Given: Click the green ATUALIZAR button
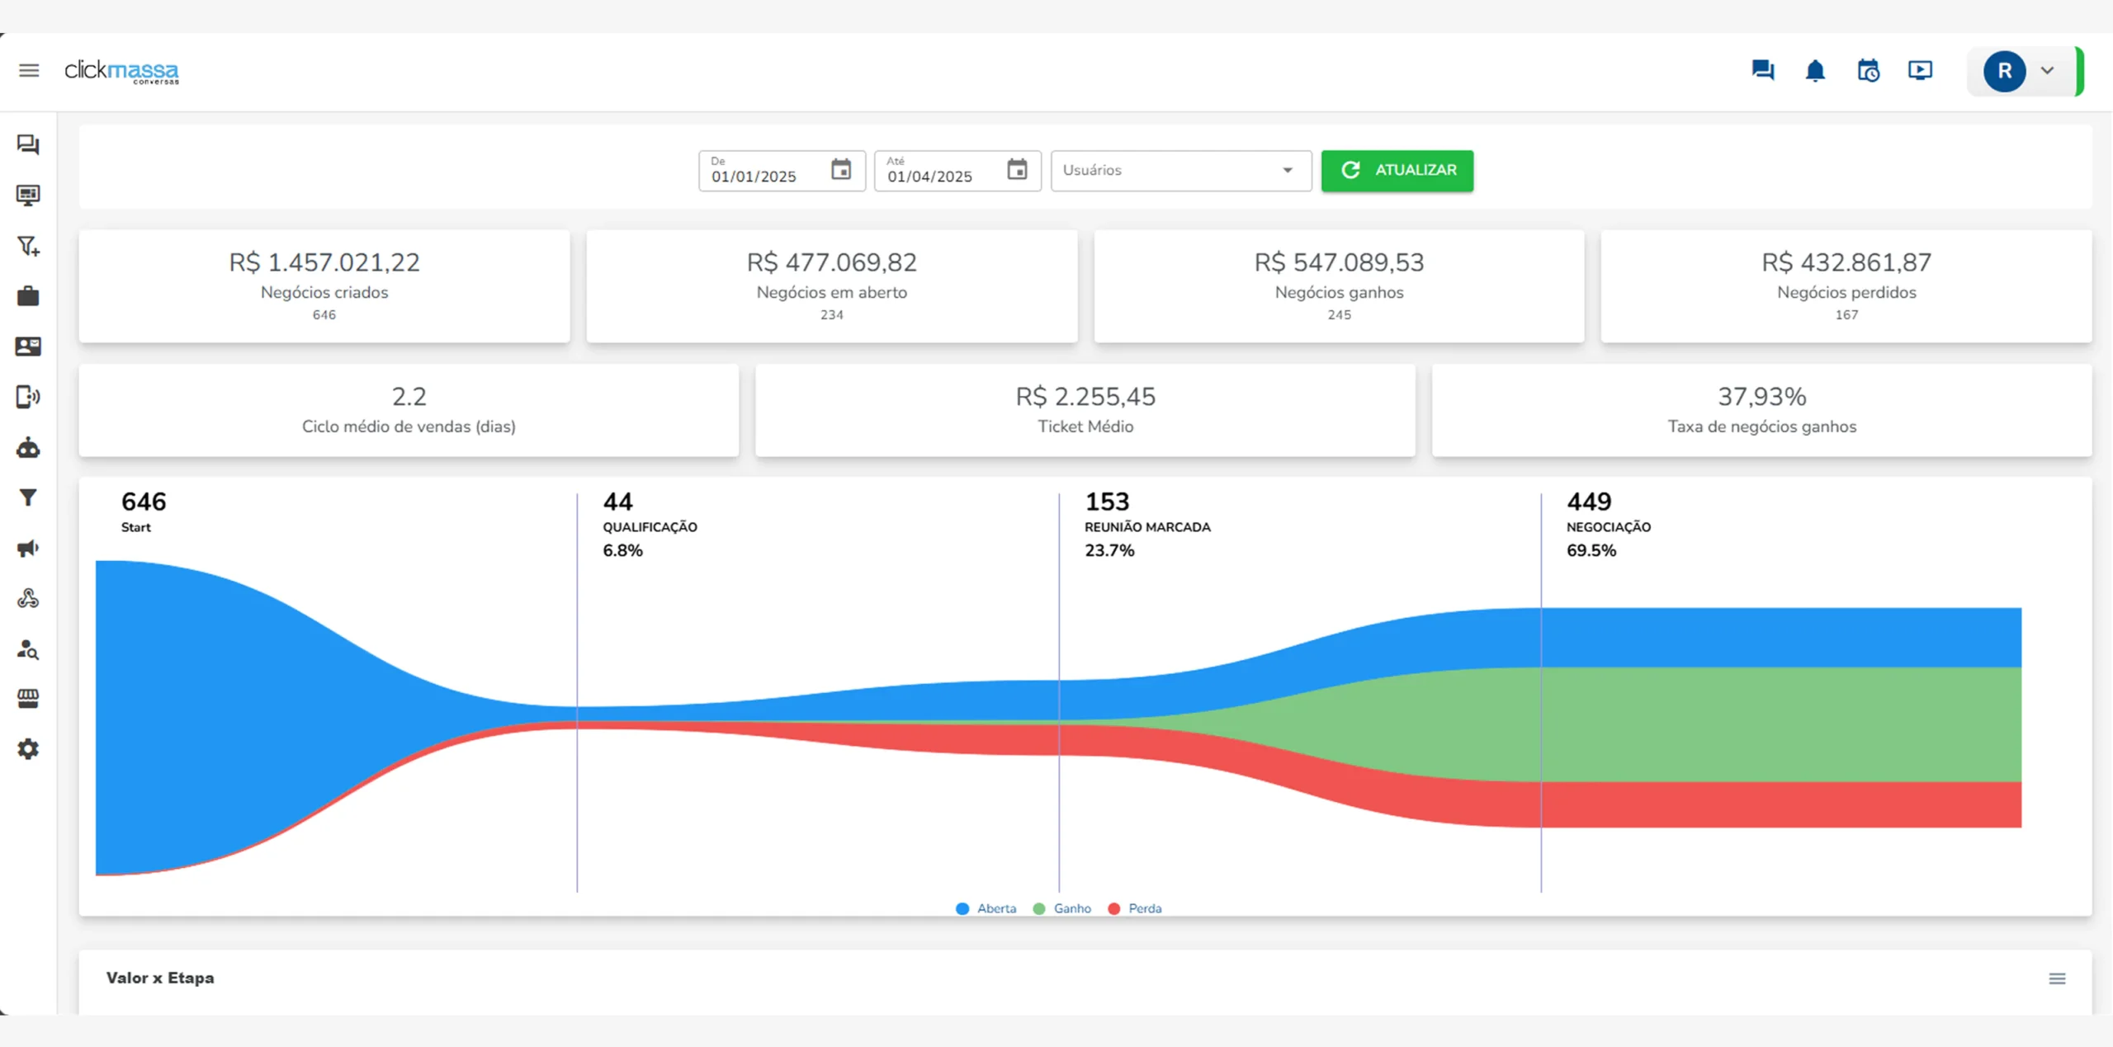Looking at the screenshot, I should click(x=1397, y=170).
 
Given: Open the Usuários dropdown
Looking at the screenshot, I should click(x=1180, y=170).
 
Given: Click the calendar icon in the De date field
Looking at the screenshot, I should click(x=841, y=170).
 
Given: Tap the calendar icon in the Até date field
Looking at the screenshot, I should click(x=1017, y=170).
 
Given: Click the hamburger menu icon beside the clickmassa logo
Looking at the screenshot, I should click(x=29, y=71).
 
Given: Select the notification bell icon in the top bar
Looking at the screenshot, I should click(x=1815, y=71).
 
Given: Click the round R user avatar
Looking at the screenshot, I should click(x=2004, y=72).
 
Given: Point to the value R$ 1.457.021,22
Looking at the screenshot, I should click(x=324, y=262).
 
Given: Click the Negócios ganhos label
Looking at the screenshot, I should click(x=1339, y=292).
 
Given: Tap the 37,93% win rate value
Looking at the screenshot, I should click(x=1761, y=397).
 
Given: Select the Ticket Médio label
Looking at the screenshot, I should click(x=1085, y=427).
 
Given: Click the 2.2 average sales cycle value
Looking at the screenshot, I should click(x=409, y=397).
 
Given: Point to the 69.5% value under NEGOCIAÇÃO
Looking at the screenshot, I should click(x=1591, y=550).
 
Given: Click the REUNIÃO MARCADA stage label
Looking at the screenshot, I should click(x=1147, y=527).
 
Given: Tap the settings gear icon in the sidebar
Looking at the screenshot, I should click(x=28, y=749).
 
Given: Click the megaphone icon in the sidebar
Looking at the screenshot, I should click(x=28, y=549).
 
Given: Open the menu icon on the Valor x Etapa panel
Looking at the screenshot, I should click(x=2057, y=979).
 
